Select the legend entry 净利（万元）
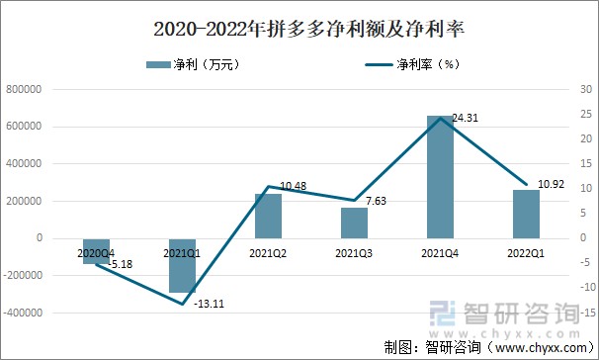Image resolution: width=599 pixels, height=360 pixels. pos(194,65)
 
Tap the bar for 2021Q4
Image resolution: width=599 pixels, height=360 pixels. pos(440,177)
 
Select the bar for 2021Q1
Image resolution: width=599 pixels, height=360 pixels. pos(182,265)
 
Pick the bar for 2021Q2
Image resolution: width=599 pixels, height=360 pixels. pos(268,216)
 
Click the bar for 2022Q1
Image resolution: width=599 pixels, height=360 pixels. pos(526,214)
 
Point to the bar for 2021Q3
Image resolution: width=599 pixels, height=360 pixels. pos(354,223)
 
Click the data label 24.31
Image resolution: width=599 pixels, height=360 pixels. pos(468,118)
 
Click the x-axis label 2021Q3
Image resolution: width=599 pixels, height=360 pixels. pos(354,254)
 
